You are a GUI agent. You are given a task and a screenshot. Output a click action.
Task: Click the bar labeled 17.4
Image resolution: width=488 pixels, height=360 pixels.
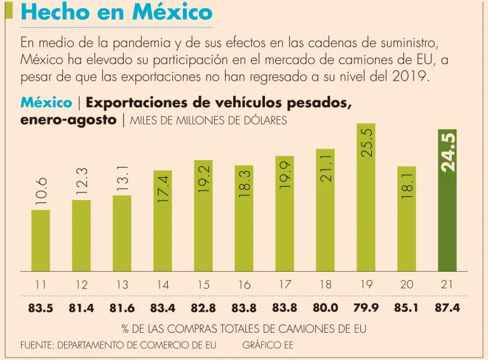(x=163, y=222)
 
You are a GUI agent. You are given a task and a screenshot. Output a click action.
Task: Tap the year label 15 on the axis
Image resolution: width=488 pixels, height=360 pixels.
(x=203, y=285)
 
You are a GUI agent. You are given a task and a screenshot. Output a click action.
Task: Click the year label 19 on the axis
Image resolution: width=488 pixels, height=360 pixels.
(x=366, y=285)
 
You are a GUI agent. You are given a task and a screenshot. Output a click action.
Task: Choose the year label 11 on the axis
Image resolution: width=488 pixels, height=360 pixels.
(x=41, y=285)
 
